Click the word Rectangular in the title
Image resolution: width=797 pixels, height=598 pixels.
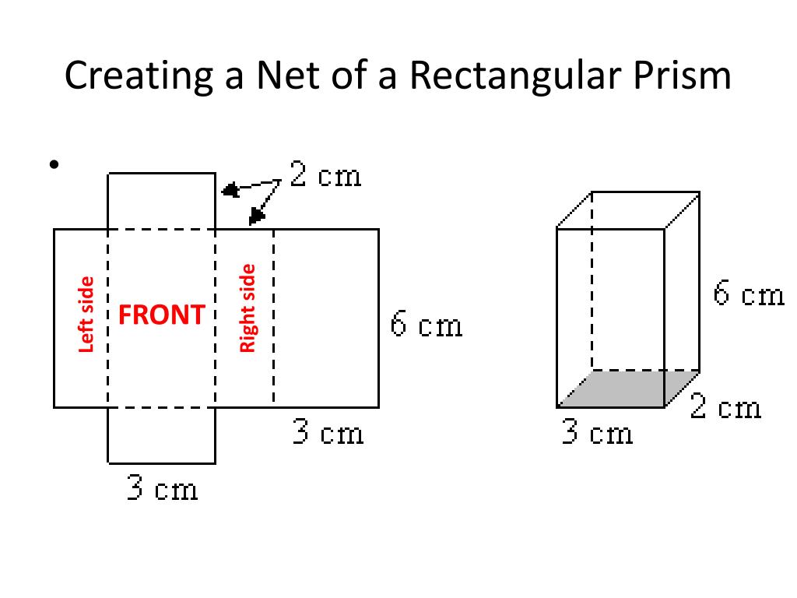coord(527,77)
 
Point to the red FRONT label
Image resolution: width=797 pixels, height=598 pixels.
coord(161,315)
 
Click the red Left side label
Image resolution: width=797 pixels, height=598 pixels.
coord(86,315)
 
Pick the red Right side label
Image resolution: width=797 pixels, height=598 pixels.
coord(248,308)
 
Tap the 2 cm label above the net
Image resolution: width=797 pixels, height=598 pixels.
coord(325,175)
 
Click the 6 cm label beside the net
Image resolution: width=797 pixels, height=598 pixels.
coord(426,325)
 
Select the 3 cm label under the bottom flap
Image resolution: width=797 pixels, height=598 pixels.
coord(162,489)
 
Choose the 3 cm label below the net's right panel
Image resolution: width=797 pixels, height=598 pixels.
coord(328,432)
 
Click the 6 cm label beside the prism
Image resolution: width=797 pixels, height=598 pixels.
coord(748,296)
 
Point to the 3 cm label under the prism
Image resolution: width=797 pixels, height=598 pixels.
coord(597,433)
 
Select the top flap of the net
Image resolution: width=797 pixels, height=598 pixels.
coord(161,201)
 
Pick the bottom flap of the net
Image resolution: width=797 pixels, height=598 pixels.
coord(161,434)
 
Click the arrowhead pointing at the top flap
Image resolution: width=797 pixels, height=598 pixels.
coord(230,189)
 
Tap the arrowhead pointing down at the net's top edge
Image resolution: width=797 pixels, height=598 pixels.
coord(255,216)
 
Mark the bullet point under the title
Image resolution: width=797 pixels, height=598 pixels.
coord(54,164)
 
